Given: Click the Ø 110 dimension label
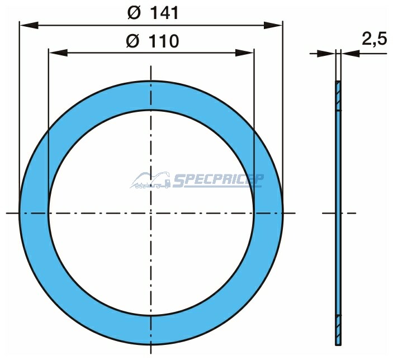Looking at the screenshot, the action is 153,41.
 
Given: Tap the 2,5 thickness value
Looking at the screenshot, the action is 375,39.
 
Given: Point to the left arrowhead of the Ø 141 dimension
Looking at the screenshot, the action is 29,25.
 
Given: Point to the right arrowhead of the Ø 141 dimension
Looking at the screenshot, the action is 273,25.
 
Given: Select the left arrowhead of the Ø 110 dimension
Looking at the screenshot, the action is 58,53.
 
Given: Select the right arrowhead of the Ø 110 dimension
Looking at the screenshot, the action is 245,53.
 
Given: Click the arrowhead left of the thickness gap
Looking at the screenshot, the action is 326,53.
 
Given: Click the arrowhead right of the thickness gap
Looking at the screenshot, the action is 351,53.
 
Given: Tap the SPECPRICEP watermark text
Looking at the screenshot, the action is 217,181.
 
